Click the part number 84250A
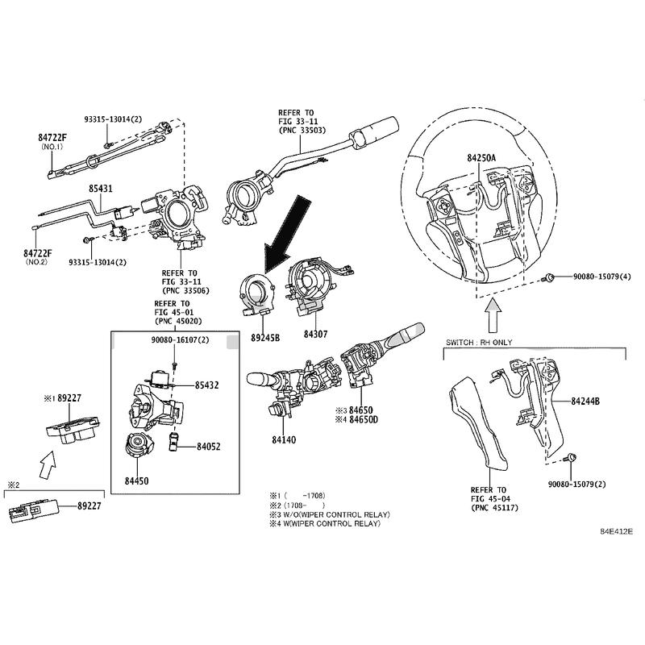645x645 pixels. click(481, 159)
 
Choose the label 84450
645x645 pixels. click(136, 481)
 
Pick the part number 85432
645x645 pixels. click(206, 385)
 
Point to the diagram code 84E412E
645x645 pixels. click(615, 532)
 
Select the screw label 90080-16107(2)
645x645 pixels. click(180, 341)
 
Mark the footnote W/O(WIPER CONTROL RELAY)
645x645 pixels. click(334, 514)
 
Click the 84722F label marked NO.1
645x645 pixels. click(52, 138)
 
